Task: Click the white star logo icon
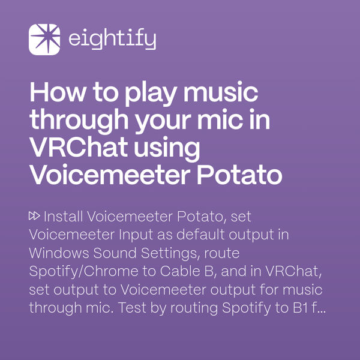pos(44,40)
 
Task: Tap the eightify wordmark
pos(112,40)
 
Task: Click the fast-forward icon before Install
pos(35,215)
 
